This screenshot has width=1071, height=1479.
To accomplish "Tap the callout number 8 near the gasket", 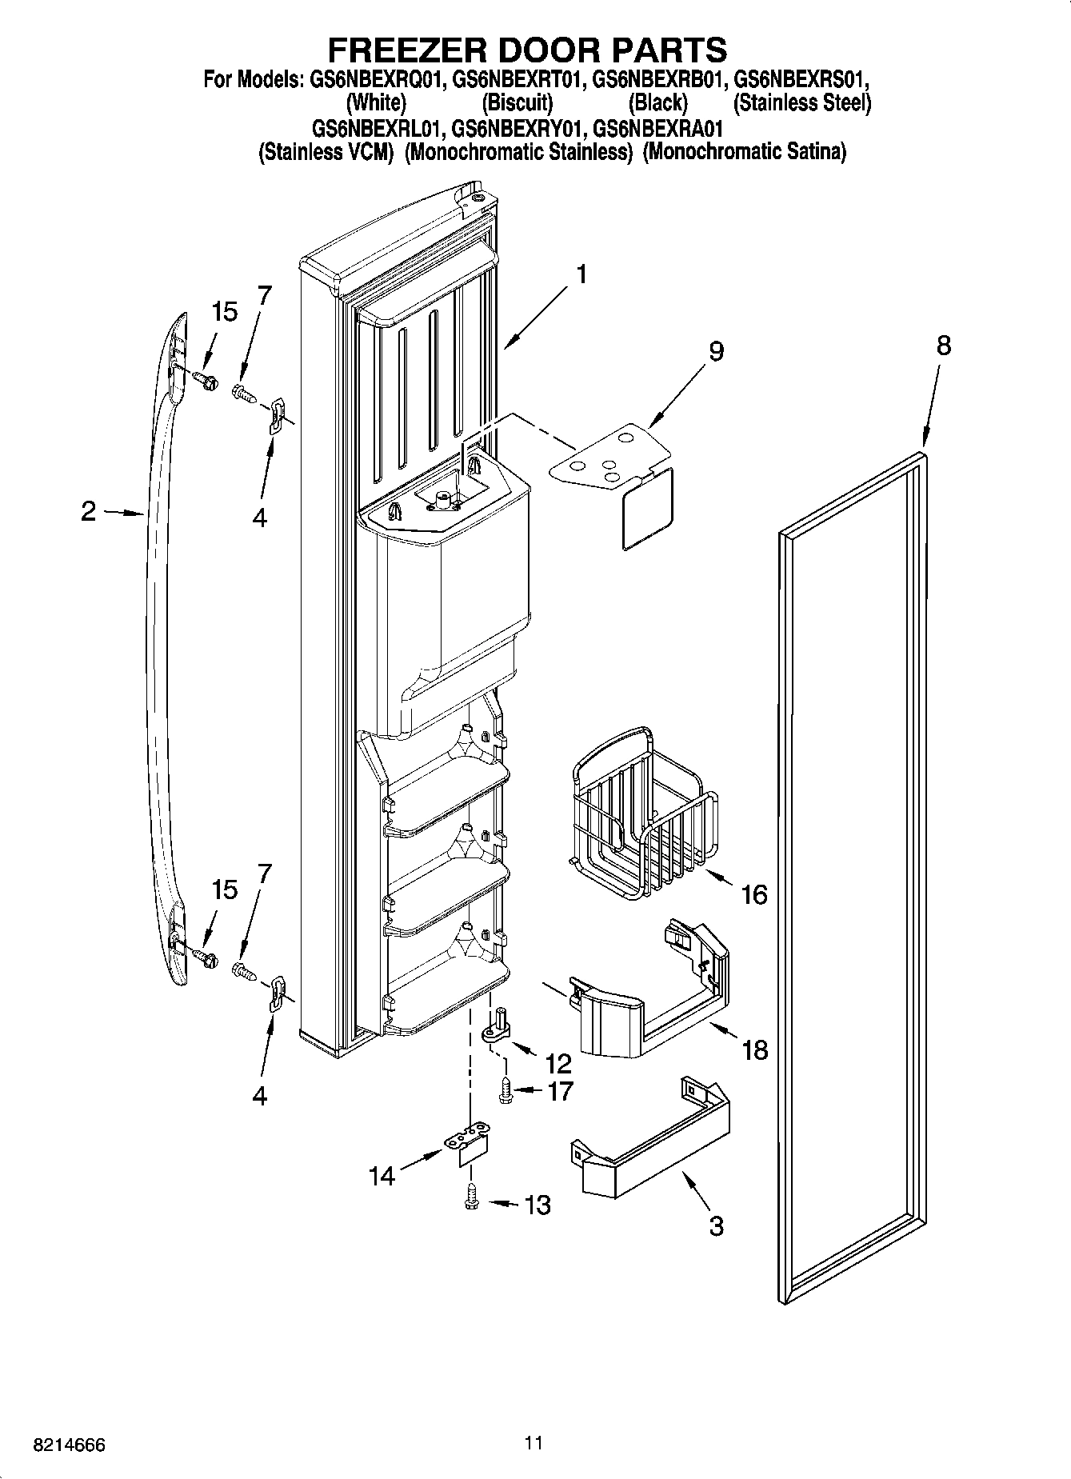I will (944, 346).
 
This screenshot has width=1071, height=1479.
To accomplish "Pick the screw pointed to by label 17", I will (506, 1090).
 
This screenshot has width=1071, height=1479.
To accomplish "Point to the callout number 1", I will (581, 274).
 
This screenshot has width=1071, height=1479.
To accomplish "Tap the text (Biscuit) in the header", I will (517, 102).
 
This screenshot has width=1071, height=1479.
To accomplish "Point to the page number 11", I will (534, 1443).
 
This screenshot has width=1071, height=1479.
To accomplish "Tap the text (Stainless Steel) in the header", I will (802, 102).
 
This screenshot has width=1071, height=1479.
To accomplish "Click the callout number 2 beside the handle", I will (88, 511).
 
